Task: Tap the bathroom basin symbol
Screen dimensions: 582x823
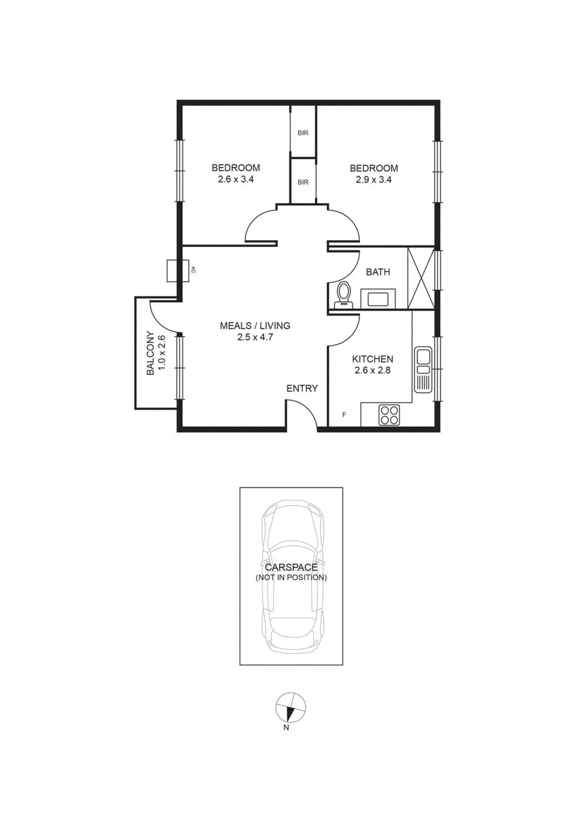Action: [378, 298]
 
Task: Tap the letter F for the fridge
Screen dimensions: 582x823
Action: [344, 415]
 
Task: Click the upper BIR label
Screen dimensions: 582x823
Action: [303, 133]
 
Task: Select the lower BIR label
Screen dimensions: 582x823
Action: [303, 182]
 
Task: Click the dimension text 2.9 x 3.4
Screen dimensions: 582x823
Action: [373, 179]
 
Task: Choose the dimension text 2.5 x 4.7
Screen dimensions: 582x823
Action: [255, 337]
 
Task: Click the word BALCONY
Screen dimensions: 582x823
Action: [151, 353]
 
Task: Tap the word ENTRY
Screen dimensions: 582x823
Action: [302, 389]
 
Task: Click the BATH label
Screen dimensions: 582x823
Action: [378, 272]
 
